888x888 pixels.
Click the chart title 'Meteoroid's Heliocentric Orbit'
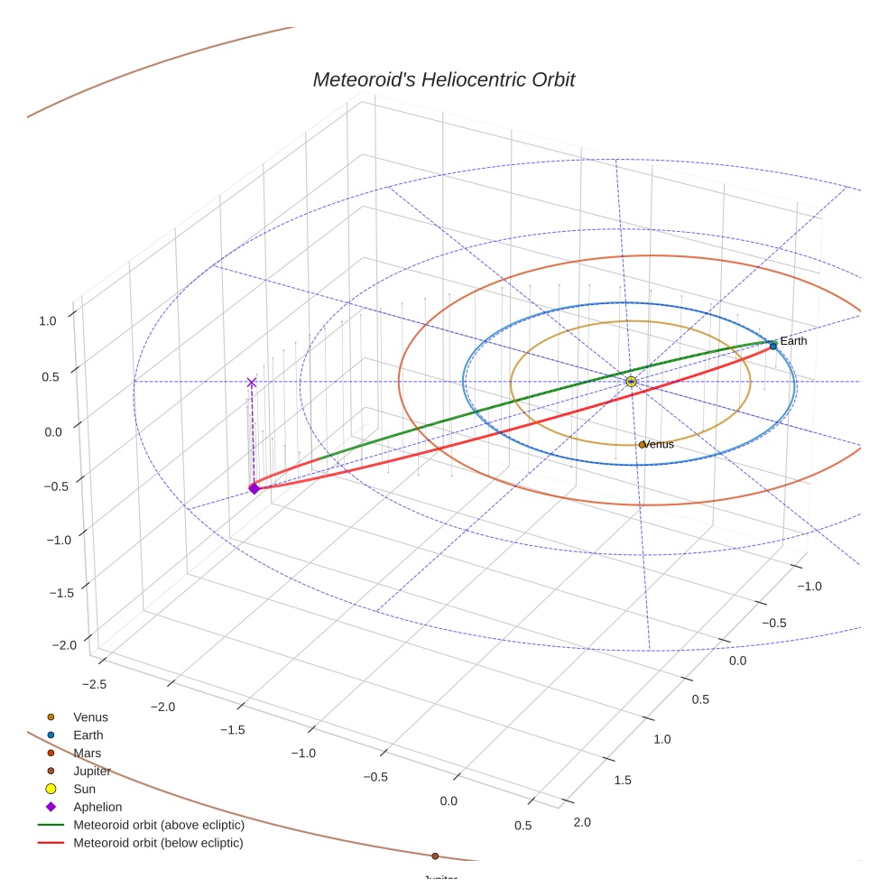(443, 79)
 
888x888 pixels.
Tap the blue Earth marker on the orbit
(773, 346)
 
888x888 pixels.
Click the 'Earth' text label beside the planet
(793, 341)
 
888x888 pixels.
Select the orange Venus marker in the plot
(642, 444)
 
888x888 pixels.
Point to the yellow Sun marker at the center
(631, 382)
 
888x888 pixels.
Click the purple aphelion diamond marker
(254, 488)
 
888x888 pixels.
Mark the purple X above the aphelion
(252, 383)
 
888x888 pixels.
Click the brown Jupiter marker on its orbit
(435, 856)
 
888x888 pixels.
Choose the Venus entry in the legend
(90, 717)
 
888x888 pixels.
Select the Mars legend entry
(87, 753)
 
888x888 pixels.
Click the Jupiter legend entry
(92, 771)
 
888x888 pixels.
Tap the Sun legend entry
(84, 789)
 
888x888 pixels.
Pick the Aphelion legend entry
(97, 807)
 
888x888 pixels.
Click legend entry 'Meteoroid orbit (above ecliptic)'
(159, 825)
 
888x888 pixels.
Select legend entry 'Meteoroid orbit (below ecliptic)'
(158, 843)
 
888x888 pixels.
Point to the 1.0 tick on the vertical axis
(48, 319)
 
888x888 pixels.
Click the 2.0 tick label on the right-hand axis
(582, 821)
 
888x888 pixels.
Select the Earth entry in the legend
(88, 735)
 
